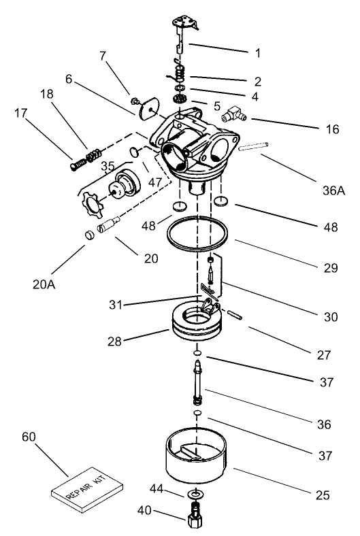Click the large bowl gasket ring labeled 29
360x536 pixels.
tap(197, 232)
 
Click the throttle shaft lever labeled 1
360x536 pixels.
tap(181, 31)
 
